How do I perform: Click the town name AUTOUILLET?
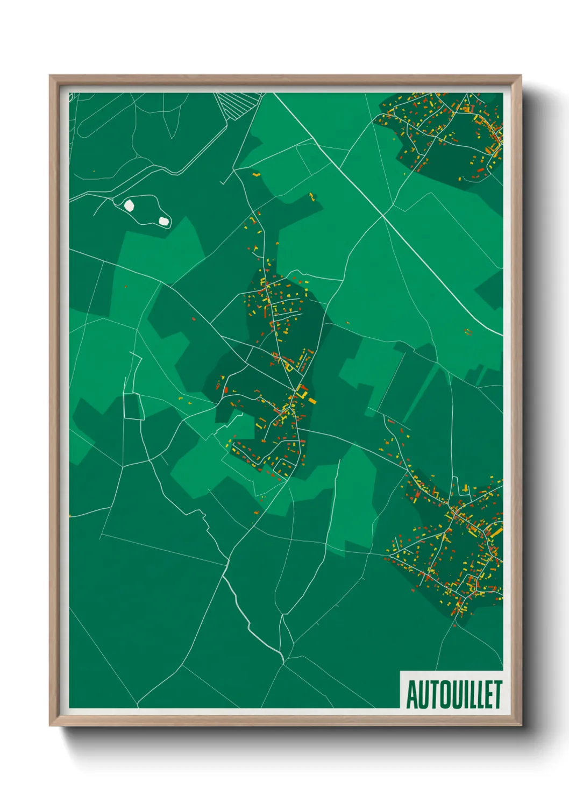(453, 694)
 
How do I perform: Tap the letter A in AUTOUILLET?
(411, 695)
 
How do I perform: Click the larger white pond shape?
(129, 205)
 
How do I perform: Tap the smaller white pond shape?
(163, 221)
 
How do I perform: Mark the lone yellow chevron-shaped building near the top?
(256, 174)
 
